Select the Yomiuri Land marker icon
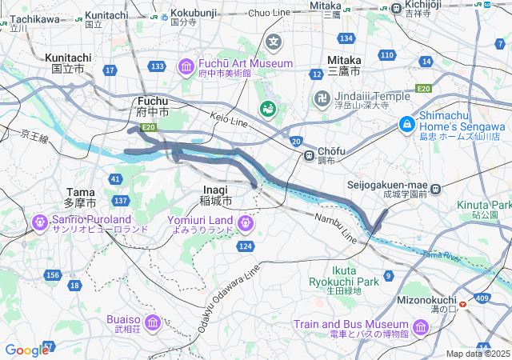click(x=243, y=221)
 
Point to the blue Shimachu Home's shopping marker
click(x=407, y=124)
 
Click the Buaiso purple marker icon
click(x=152, y=322)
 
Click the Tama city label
click(x=81, y=197)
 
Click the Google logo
click(x=26, y=350)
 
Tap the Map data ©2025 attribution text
click(x=478, y=354)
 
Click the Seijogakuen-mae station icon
click(x=435, y=190)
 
